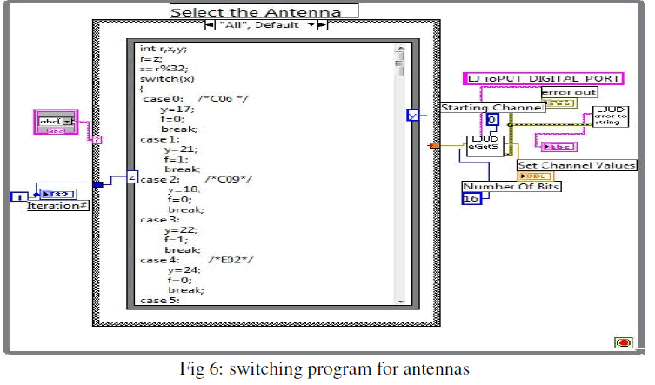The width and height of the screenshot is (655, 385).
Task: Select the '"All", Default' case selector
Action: point(266,25)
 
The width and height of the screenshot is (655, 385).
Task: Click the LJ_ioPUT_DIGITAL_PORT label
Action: point(545,79)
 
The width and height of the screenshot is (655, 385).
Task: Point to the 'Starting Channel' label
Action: point(492,108)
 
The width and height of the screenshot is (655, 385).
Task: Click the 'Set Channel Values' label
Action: point(577,165)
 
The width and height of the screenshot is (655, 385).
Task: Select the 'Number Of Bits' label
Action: point(499,186)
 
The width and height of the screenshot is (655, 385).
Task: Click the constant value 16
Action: point(471,199)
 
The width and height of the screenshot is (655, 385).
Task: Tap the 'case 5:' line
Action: point(159,301)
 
